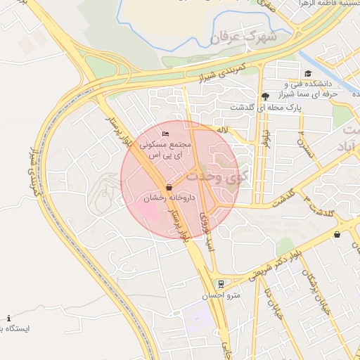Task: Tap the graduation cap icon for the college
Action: [307, 74]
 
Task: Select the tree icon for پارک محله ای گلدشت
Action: [264, 96]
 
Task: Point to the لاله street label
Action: [222, 130]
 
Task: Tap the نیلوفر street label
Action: [265, 134]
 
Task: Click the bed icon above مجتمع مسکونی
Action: [165, 134]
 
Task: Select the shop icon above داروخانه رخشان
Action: [169, 187]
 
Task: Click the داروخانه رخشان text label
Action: [164, 199]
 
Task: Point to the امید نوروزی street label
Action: [207, 229]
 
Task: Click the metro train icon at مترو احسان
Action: [221, 283]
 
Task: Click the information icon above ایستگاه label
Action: [8, 318]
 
